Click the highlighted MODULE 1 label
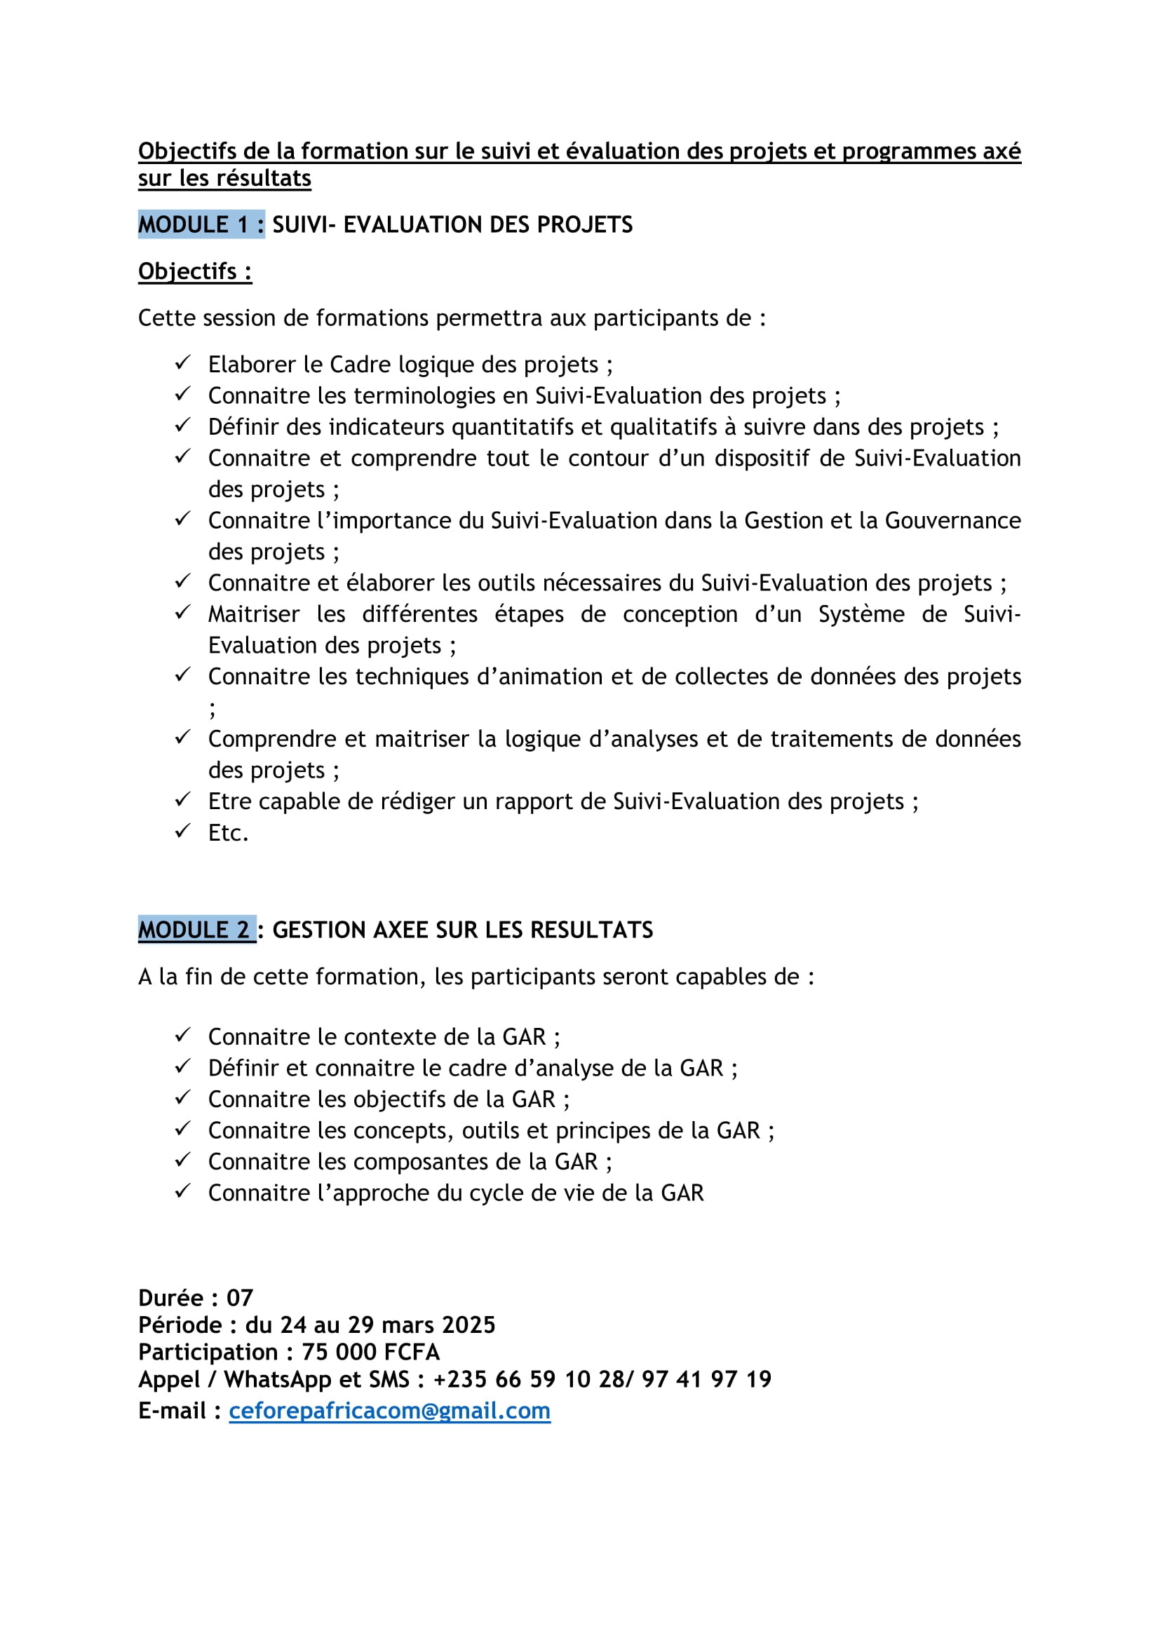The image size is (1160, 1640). coord(201,224)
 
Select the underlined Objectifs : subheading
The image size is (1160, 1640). coord(194,271)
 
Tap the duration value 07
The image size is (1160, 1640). coord(240,1298)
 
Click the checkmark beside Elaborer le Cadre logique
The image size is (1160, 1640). coord(183,363)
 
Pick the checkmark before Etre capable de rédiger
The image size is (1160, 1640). coord(183,799)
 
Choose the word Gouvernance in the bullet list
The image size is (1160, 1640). coord(953,521)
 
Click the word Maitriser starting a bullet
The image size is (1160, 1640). coord(255,614)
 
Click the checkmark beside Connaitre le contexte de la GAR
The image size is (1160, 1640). coord(183,1035)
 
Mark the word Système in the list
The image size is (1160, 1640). coord(861,614)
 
